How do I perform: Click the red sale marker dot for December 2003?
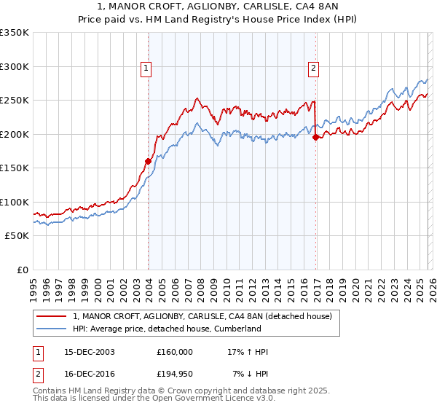[x=149, y=161]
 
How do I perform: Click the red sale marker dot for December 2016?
[x=315, y=137]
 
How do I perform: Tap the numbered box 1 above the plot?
[x=146, y=69]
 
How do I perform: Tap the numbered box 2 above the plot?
[x=313, y=69]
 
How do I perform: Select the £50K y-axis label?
[x=17, y=236]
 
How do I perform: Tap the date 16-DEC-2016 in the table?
[x=93, y=374]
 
